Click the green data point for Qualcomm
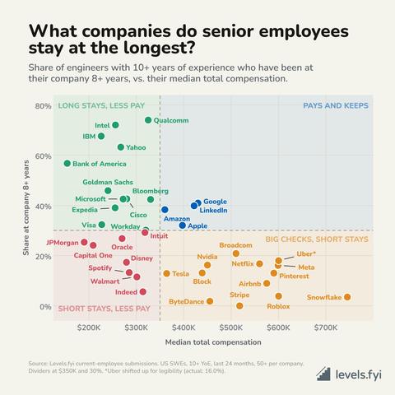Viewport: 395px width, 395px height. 148,120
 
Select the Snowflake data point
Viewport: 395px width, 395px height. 347,297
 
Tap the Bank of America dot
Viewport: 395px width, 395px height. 67,163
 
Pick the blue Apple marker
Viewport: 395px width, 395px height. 183,225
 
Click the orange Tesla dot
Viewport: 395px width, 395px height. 166,273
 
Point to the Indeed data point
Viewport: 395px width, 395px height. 142,291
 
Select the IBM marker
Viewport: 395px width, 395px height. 101,136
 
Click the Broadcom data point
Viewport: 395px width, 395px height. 236,253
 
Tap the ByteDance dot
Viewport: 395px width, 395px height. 210,301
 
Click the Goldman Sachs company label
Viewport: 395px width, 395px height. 108,182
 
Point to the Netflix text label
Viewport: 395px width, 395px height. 243,263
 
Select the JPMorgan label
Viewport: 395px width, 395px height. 63,243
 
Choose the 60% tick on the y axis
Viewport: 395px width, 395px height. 43,156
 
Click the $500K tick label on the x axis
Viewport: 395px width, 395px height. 231,328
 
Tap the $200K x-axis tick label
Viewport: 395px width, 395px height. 89,328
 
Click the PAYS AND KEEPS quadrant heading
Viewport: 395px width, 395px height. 336,105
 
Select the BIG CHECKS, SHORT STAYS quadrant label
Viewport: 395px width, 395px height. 317,239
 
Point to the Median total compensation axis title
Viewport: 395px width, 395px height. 213,342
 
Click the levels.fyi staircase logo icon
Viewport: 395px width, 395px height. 323,374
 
